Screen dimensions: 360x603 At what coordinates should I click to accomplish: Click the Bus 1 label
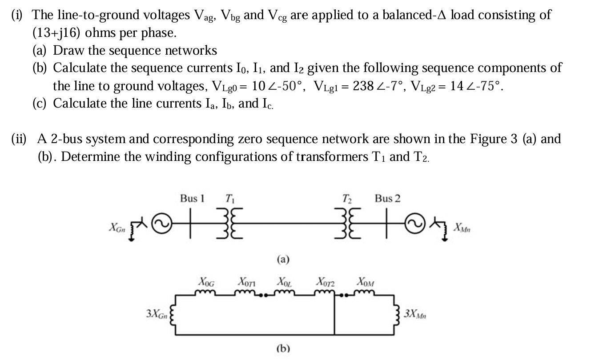(192, 198)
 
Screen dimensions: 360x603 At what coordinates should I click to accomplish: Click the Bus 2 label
(387, 198)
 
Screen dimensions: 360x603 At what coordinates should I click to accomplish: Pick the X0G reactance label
(206, 281)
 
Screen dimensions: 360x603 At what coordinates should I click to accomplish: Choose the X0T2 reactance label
(326, 281)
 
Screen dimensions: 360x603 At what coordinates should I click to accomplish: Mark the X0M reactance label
(366, 281)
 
